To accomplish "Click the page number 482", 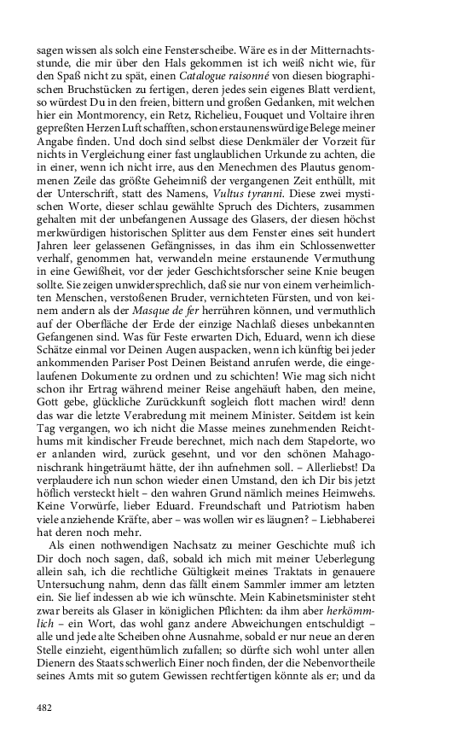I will (45, 707).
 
